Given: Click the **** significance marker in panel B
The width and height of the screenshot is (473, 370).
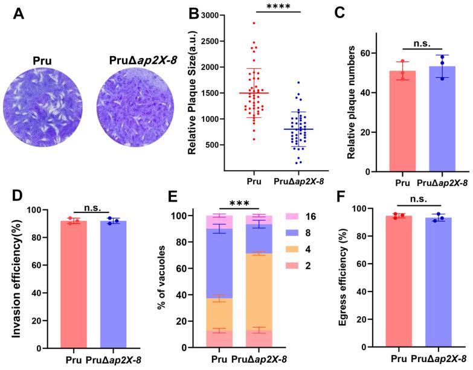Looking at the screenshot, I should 274,8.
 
